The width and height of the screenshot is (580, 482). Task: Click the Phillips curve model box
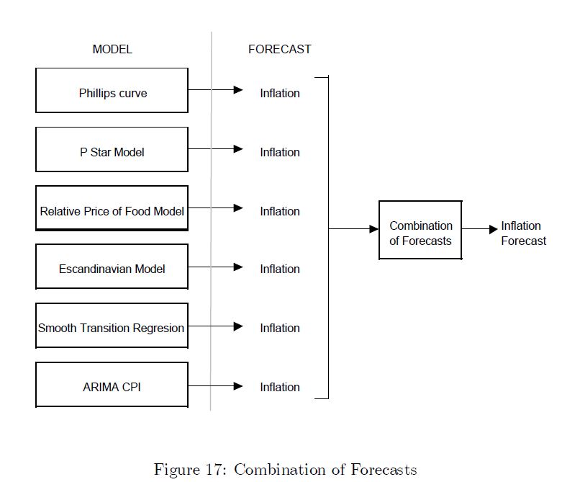pyautogui.click(x=112, y=91)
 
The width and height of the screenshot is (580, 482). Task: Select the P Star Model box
pyautogui.click(x=112, y=150)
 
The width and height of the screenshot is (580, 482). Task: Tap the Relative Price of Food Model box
pyautogui.click(x=112, y=209)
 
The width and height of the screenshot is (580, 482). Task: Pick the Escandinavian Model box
pyautogui.click(x=112, y=267)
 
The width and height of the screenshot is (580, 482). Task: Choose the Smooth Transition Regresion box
pyautogui.click(x=112, y=326)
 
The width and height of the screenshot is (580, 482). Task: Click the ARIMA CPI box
pyautogui.click(x=112, y=385)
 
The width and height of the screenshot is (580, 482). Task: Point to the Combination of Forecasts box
pyautogui.click(x=420, y=231)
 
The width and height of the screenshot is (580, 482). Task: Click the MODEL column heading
pyautogui.click(x=112, y=50)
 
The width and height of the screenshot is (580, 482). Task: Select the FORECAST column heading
pyautogui.click(x=280, y=50)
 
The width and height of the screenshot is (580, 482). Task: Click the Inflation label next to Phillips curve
pyautogui.click(x=280, y=93)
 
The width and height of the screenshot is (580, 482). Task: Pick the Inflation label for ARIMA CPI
pyautogui.click(x=280, y=387)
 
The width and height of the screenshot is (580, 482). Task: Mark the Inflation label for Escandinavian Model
pyautogui.click(x=280, y=269)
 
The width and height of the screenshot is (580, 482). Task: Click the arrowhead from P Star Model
pyautogui.click(x=239, y=149)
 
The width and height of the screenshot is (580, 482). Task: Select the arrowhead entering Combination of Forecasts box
pyautogui.click(x=374, y=229)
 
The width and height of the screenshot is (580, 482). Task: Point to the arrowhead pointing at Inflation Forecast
pyautogui.click(x=493, y=229)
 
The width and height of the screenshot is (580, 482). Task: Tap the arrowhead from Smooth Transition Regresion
pyautogui.click(x=239, y=326)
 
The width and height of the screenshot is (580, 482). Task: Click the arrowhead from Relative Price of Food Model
pyautogui.click(x=239, y=208)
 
